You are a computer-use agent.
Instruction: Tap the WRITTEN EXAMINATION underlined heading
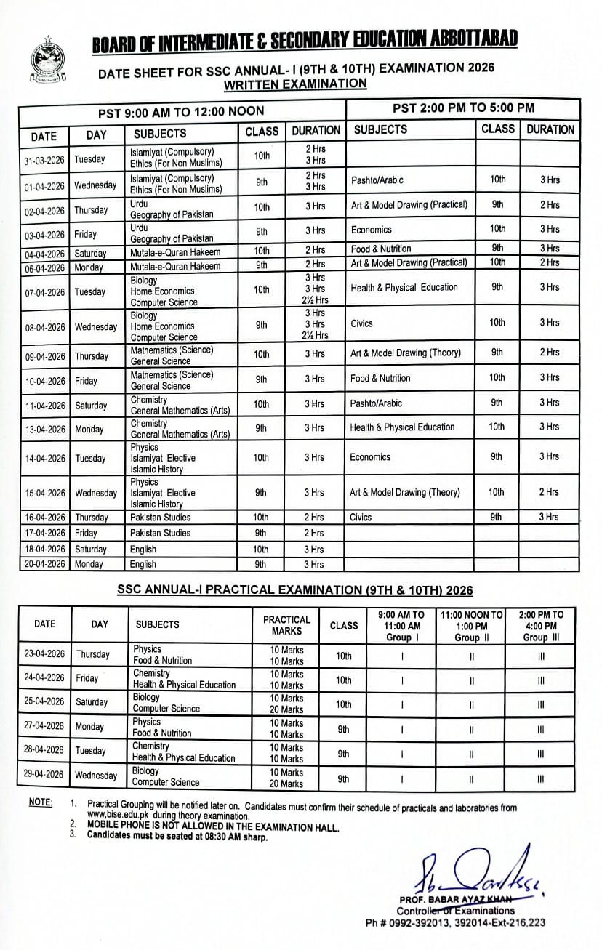click(x=295, y=84)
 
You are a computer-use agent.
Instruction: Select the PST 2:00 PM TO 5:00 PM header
click(x=463, y=108)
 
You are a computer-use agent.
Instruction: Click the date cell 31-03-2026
click(x=43, y=159)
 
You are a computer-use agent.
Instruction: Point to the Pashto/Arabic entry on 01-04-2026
click(x=377, y=180)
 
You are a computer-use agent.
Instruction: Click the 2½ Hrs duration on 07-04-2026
click(x=315, y=301)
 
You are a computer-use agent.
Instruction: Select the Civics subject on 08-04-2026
click(x=361, y=323)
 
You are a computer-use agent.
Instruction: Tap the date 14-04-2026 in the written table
click(x=43, y=459)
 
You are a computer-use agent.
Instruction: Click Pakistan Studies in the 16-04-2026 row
click(x=160, y=518)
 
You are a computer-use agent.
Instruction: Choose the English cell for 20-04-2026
click(x=143, y=564)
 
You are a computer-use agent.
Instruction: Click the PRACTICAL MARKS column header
click(x=286, y=625)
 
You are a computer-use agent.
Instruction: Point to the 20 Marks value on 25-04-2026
click(x=286, y=709)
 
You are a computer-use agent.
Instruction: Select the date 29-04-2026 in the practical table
click(x=44, y=775)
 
